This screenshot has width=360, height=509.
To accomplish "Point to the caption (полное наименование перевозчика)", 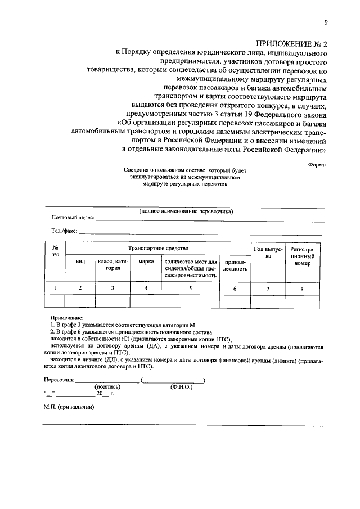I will point(186,211).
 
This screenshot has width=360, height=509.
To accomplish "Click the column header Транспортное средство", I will point(158,248).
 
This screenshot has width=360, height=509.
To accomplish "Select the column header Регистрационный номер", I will point(303,256).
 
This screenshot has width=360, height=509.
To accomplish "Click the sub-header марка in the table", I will point(146,262).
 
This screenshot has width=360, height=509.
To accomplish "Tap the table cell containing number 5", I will point(190,288).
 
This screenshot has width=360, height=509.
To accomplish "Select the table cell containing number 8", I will point(302,289).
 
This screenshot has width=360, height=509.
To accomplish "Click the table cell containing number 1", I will point(55,288).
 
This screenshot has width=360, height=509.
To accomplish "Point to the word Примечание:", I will point(65,318).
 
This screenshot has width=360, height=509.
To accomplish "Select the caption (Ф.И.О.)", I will point(181,387).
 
